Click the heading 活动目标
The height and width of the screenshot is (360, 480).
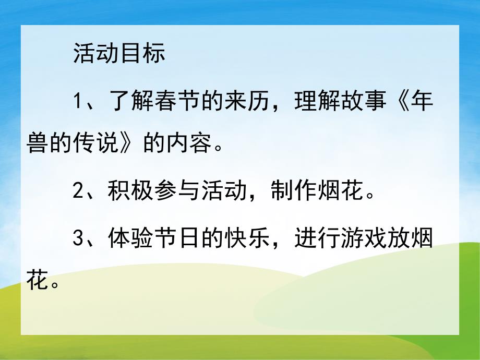119,54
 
